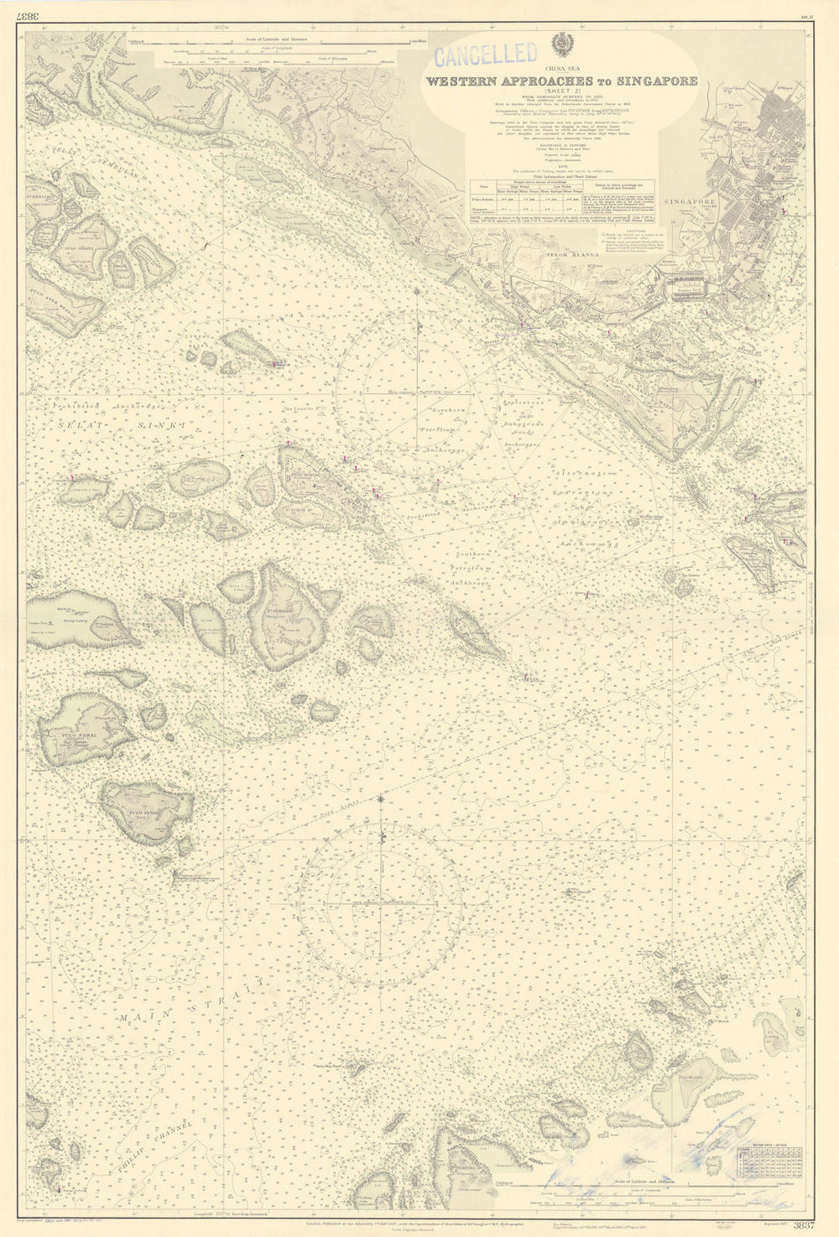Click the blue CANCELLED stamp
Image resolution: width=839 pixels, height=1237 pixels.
[x=486, y=56]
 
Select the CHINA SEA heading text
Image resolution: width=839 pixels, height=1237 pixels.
[x=561, y=70]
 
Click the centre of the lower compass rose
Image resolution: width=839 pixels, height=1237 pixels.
[x=382, y=903]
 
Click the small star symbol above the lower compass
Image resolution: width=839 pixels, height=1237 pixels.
[x=382, y=797]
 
